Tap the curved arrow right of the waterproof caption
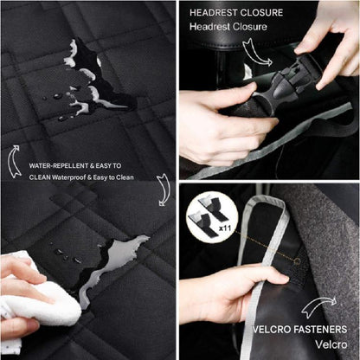tap(163, 190)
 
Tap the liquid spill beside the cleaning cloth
tap(112, 264)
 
